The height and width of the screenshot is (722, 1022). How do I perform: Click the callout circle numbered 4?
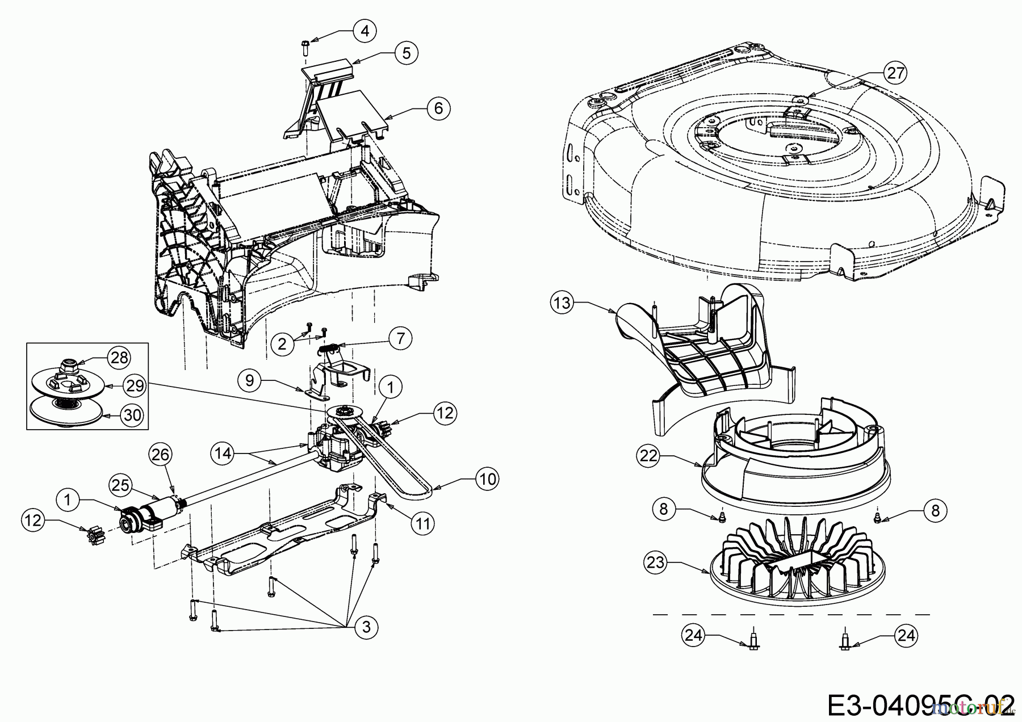pos(365,31)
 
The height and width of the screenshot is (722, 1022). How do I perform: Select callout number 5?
pos(406,53)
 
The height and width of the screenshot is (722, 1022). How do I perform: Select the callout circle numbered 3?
pos(366,627)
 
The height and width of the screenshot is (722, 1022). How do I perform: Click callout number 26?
pos(161,454)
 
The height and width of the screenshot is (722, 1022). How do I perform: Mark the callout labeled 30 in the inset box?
pos(132,415)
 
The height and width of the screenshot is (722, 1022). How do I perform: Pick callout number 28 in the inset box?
pos(119,358)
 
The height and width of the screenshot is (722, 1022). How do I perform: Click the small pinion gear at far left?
pos(89,535)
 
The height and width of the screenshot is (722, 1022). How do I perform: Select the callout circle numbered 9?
pos(249,380)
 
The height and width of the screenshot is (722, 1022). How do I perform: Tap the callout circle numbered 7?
pos(401,338)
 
